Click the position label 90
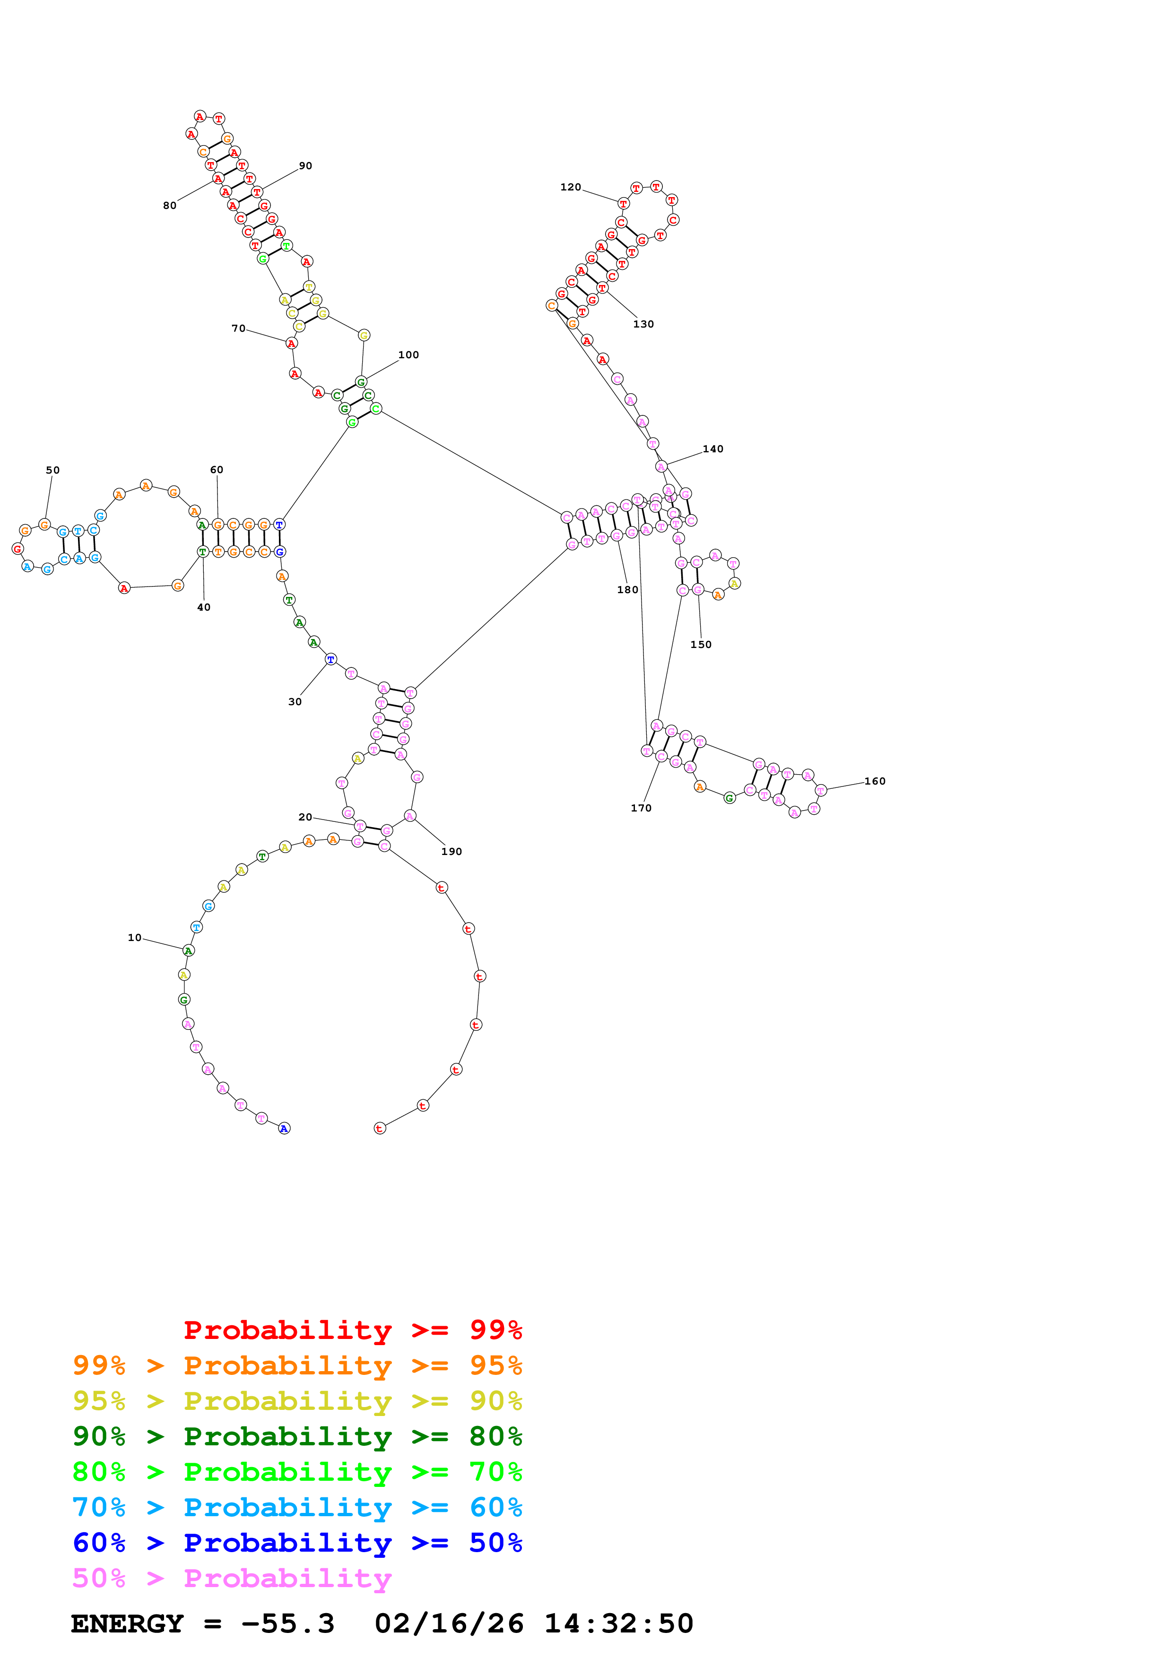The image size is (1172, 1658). tap(305, 166)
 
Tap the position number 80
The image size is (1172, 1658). tap(170, 206)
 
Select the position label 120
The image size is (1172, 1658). tap(571, 187)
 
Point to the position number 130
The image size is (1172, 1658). tap(643, 324)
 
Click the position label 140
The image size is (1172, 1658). tap(713, 449)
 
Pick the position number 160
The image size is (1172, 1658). tap(875, 781)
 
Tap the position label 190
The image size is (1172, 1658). tap(451, 851)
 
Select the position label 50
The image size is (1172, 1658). tap(53, 470)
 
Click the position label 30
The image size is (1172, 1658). tap(295, 701)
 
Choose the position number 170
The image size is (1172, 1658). tap(641, 808)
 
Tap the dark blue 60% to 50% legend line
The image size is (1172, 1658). tap(297, 1543)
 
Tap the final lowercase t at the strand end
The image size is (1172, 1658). tap(380, 1129)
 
